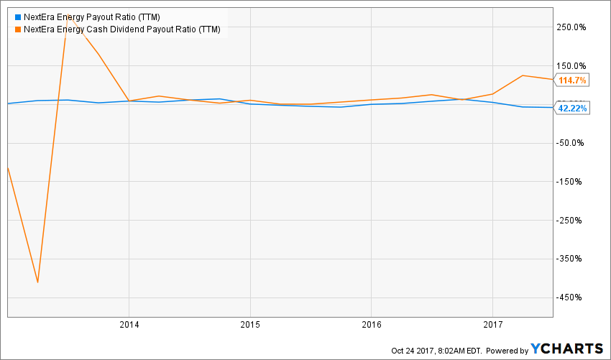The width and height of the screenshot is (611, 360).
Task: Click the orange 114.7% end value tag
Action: [x=573, y=80]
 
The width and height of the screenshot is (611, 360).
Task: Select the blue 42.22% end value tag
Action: [x=573, y=108]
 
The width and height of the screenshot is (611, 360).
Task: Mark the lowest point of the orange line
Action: [x=37, y=282]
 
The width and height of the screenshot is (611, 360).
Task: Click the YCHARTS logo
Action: [x=568, y=349]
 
